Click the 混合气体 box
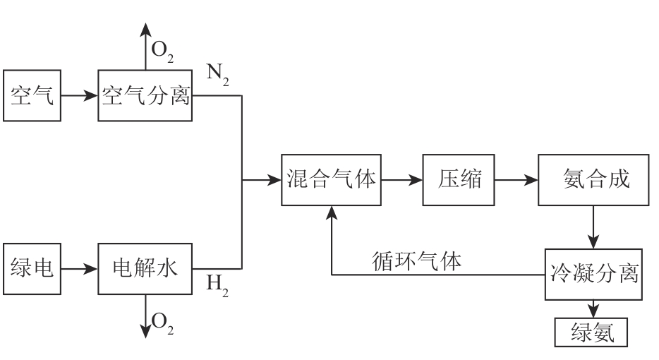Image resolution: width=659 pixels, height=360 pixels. [332, 180]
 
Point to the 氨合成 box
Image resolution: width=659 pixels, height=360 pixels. [593, 180]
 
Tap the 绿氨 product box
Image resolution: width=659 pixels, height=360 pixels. [591, 331]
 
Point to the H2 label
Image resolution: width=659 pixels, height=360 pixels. [217, 286]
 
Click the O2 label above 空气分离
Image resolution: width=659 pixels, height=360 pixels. [162, 52]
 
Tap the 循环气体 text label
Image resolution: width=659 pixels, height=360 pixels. [416, 262]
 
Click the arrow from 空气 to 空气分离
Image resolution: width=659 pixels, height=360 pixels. [80, 94]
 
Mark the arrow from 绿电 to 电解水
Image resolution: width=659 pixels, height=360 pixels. [80, 268]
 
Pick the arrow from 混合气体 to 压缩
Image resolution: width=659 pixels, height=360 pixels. [402, 180]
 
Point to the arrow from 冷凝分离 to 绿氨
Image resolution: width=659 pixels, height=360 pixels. [593, 308]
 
